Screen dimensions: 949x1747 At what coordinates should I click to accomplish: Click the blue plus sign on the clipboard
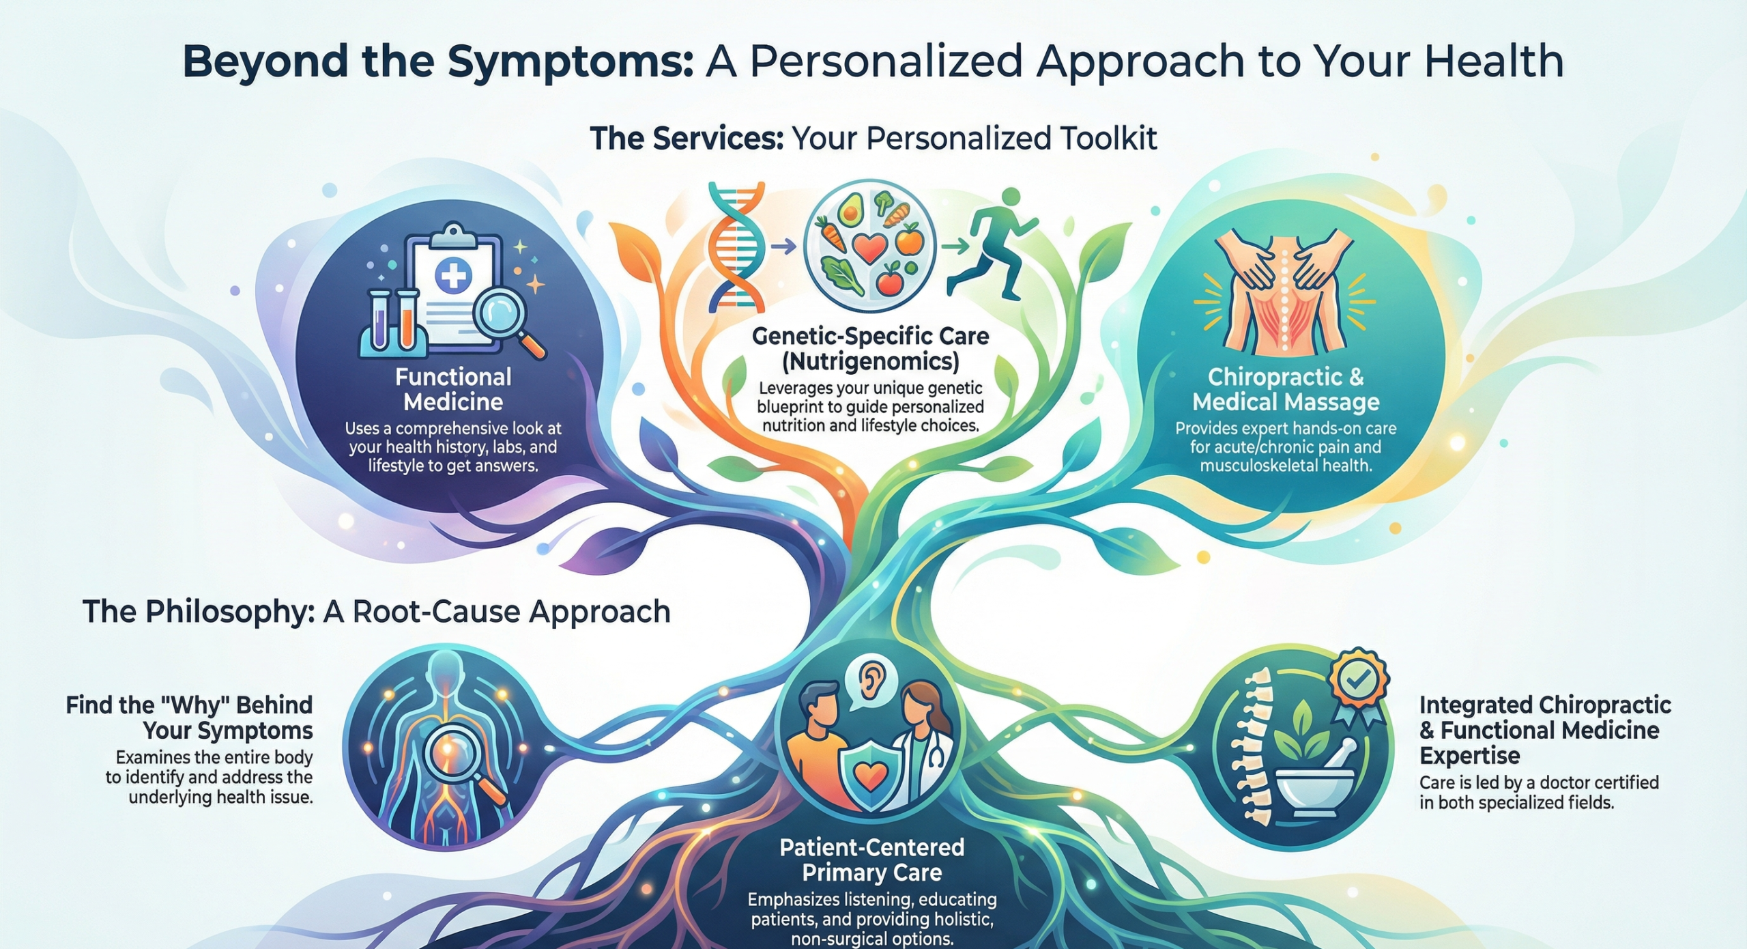point(452,276)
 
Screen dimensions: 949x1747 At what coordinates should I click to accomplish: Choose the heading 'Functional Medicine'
point(453,389)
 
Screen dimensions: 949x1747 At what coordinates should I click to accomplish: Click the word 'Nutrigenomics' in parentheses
point(871,361)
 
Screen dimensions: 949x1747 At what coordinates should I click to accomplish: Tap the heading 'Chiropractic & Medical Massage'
point(1286,389)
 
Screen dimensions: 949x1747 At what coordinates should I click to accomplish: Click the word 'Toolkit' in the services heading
point(1108,139)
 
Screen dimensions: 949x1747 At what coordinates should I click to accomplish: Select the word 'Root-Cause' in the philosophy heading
point(437,612)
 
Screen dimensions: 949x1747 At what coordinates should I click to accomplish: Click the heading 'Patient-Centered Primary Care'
point(871,860)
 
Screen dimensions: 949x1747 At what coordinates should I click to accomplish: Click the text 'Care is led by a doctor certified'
point(1539,782)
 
